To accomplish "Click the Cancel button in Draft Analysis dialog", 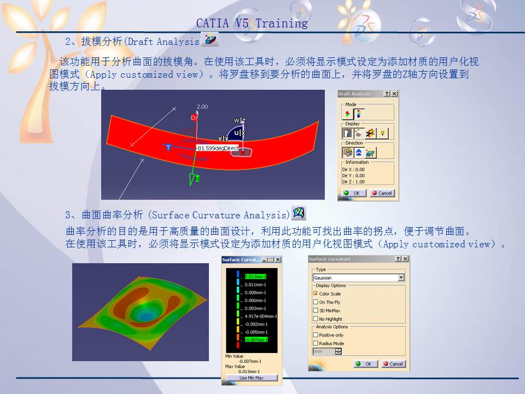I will click(382, 193).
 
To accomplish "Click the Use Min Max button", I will click(251, 378).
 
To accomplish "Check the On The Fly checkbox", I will click(316, 302).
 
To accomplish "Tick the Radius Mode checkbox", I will click(316, 344).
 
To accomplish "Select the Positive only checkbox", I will click(316, 335).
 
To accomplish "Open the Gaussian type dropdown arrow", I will click(401, 278).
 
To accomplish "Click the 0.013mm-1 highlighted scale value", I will click(255, 277).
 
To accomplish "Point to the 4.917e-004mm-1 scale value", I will click(260, 316).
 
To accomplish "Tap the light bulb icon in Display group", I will click(383, 133).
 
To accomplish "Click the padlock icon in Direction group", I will click(347, 153).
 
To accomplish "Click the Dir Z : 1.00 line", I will click(353, 182).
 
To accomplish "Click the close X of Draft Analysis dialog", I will click(394, 94).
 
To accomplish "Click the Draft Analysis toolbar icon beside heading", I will click(210, 39).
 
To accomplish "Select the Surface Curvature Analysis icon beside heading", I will click(299, 212).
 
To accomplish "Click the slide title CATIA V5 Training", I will click(252, 24).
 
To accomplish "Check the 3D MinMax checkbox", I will click(316, 310).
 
